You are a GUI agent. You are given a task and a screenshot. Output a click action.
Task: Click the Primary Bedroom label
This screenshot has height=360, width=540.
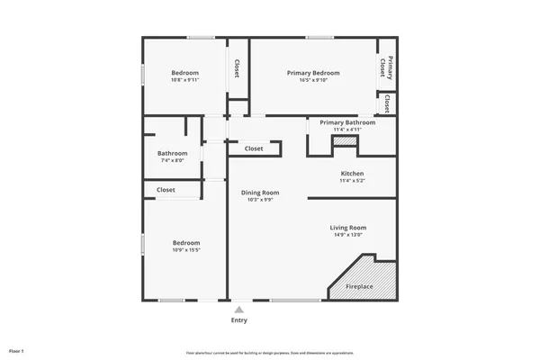(x=313, y=72)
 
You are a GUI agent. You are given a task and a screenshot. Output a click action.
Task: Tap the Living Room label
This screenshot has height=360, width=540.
(x=347, y=228)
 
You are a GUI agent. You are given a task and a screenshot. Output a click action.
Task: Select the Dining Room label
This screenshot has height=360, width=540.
(x=260, y=192)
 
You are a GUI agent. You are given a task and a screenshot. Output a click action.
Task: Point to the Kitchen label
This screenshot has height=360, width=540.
(x=352, y=173)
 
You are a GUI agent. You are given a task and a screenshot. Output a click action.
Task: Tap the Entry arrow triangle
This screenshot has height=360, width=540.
(x=238, y=310)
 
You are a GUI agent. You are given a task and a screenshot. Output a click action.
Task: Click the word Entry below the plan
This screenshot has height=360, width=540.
(x=238, y=320)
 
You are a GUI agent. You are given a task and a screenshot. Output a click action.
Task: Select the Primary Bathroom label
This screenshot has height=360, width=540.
(x=347, y=122)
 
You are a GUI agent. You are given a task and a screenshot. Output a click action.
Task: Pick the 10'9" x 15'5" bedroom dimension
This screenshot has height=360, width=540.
(x=186, y=250)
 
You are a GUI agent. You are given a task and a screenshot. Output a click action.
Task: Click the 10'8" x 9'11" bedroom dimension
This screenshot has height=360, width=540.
(x=184, y=80)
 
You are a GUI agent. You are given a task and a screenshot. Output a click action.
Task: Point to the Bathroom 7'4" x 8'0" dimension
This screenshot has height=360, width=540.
(x=172, y=160)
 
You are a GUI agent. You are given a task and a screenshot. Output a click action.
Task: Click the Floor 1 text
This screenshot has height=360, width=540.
(x=16, y=350)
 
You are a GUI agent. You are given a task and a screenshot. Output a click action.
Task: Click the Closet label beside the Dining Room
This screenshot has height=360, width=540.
(x=254, y=148)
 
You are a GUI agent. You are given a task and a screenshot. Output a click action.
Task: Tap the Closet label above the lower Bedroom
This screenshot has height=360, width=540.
(x=166, y=190)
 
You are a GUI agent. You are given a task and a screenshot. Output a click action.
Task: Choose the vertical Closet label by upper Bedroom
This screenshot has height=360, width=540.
(x=237, y=68)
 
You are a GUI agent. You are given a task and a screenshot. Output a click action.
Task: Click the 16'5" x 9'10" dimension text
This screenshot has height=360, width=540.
(x=313, y=80)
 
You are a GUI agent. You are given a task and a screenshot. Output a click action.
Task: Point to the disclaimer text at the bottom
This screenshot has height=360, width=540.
(x=270, y=351)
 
